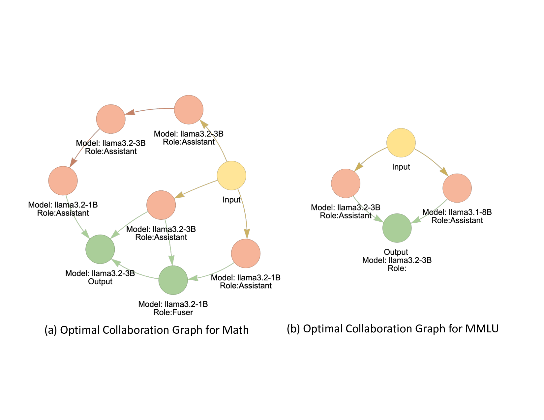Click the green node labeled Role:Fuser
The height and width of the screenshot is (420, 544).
point(173,280)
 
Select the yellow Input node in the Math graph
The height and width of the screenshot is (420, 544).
point(231,175)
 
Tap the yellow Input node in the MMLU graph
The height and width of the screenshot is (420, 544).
point(401,143)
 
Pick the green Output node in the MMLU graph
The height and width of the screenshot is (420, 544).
point(397,228)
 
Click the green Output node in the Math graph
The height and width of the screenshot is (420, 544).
point(100,249)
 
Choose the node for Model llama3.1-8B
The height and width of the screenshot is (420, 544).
point(457,188)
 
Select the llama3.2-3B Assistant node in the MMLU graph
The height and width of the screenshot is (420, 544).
point(346,183)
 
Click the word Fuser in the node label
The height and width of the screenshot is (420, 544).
point(182,312)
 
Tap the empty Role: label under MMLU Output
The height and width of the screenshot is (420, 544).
point(397,268)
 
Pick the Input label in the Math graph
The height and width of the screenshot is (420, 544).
point(231,200)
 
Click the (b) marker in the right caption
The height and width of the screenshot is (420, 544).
point(293,329)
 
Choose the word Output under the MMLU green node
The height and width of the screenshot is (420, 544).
point(396,252)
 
